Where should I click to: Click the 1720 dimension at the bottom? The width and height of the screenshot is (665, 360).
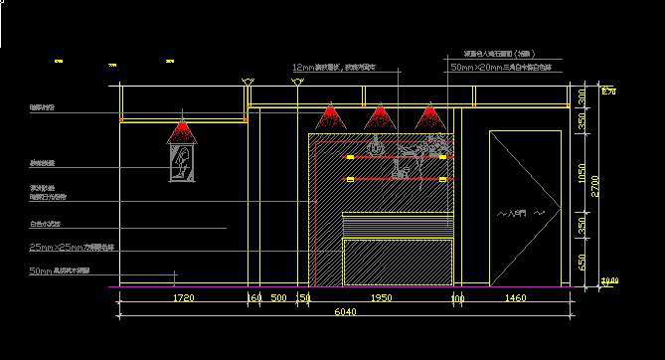point(183,297)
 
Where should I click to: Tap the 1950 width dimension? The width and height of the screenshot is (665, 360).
point(381,297)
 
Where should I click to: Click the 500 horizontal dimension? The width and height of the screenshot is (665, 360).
point(278,297)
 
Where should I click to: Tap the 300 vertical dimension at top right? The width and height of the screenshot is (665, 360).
point(582,96)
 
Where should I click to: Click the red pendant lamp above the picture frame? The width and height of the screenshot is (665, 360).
point(181,132)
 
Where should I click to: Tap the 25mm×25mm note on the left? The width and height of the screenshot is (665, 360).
point(72,246)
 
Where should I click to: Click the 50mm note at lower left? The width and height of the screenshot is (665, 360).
point(60,270)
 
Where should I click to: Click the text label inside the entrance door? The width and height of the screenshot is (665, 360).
point(519,213)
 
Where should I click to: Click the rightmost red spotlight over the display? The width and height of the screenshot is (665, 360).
point(428,118)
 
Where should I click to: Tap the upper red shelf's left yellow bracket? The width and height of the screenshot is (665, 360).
point(350,157)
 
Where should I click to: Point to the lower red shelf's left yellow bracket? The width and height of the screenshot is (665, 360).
point(350,179)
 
